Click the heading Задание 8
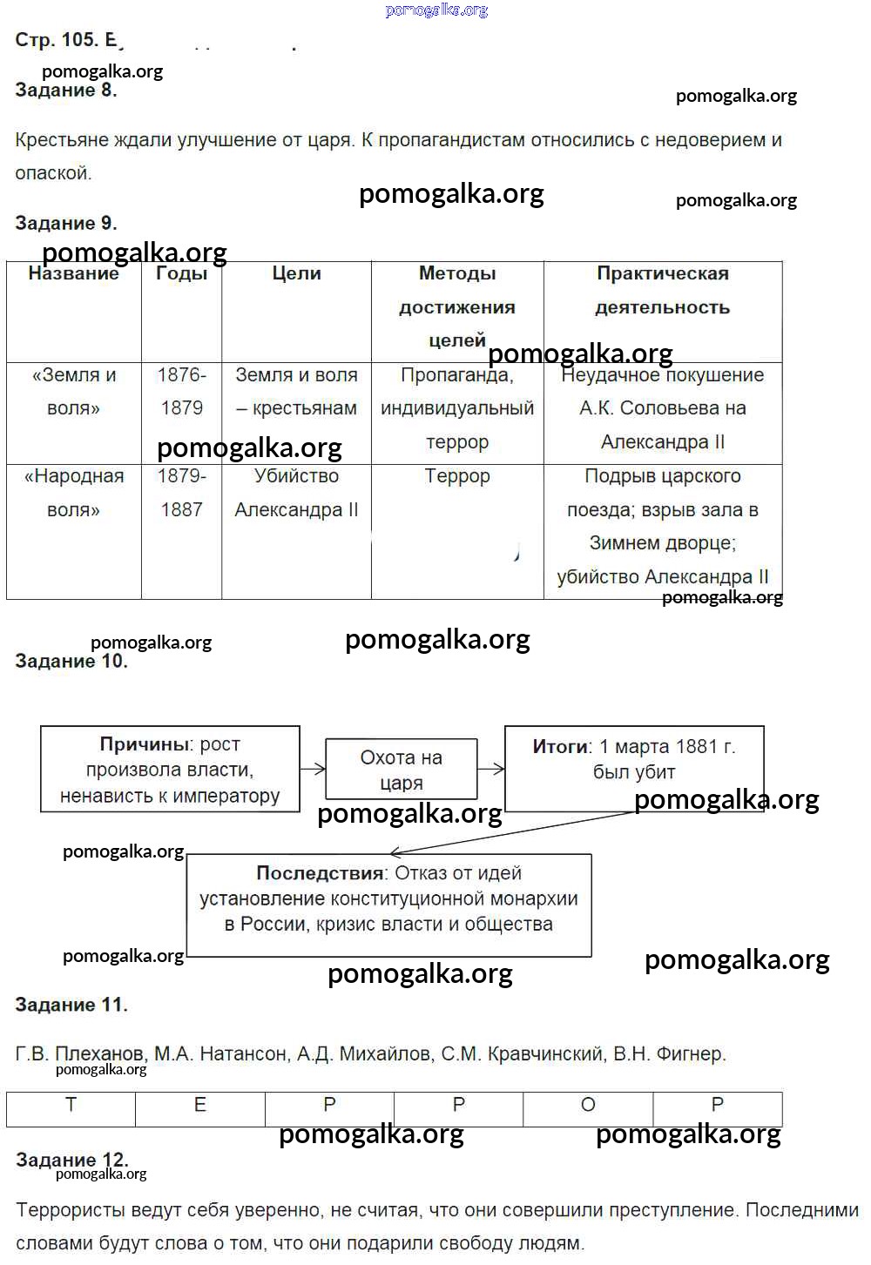tap(66, 91)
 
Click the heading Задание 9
tap(66, 224)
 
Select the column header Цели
tap(296, 273)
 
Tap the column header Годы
tap(181, 273)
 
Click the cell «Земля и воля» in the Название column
tap(74, 392)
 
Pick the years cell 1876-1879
tap(181, 392)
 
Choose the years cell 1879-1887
tap(181, 493)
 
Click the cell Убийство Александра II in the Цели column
tap(296, 493)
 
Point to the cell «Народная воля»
tap(74, 493)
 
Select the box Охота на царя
tap(402, 770)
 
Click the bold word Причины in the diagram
tap(145, 744)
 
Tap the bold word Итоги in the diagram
tap(561, 747)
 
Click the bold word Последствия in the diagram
tap(320, 873)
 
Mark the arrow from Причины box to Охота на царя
tap(313, 769)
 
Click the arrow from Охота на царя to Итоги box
tap(491, 769)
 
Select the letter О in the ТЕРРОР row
tap(588, 1105)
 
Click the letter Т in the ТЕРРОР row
tap(71, 1105)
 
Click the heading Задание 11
tap(71, 1006)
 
